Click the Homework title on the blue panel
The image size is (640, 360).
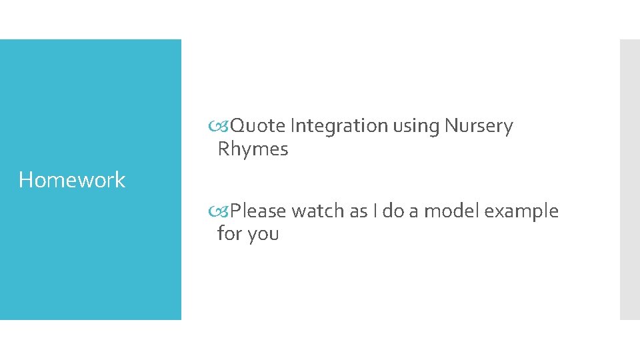pyautogui.click(x=72, y=180)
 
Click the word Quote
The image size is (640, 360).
pyautogui.click(x=259, y=126)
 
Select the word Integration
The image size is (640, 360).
pyautogui.click(x=339, y=126)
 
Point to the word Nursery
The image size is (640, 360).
pyautogui.click(x=479, y=127)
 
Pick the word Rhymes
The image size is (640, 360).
pyautogui.click(x=253, y=149)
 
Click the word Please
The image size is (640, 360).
pyautogui.click(x=259, y=211)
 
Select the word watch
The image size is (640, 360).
pyautogui.click(x=319, y=211)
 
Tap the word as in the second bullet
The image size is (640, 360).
pyautogui.click(x=359, y=212)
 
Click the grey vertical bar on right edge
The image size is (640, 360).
pyautogui.click(x=629, y=179)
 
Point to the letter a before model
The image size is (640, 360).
pyautogui.click(x=414, y=212)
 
